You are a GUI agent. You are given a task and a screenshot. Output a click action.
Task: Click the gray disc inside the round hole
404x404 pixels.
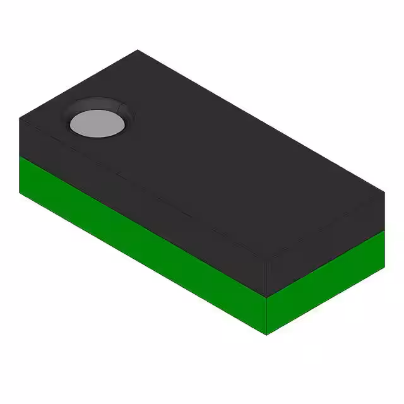pyautogui.click(x=96, y=122)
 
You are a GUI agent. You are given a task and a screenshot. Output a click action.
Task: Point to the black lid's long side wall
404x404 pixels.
pyautogui.click(x=145, y=189)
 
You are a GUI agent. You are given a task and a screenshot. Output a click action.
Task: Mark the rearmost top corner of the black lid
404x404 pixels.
pyautogui.click(x=138, y=50)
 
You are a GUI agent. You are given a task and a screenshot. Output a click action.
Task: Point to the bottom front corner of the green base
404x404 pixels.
pyautogui.click(x=267, y=335)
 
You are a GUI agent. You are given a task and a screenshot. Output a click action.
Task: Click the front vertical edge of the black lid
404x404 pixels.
pyautogui.click(x=267, y=278)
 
